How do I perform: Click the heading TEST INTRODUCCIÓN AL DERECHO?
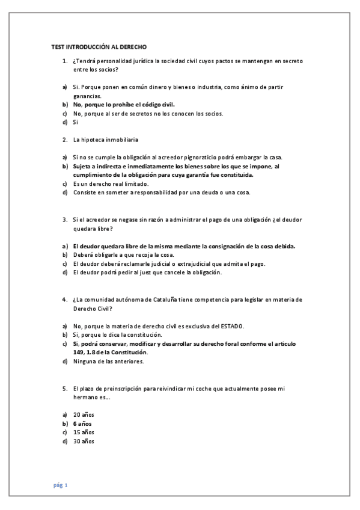pos(99,46)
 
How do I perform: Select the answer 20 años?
pos(84,415)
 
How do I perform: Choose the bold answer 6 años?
pos(82,423)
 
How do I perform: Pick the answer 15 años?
pos(84,432)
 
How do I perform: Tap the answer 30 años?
pos(84,441)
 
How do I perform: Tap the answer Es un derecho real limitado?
pos(111,183)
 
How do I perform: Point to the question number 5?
pos(64,389)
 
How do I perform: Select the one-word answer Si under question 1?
pos(76,122)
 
